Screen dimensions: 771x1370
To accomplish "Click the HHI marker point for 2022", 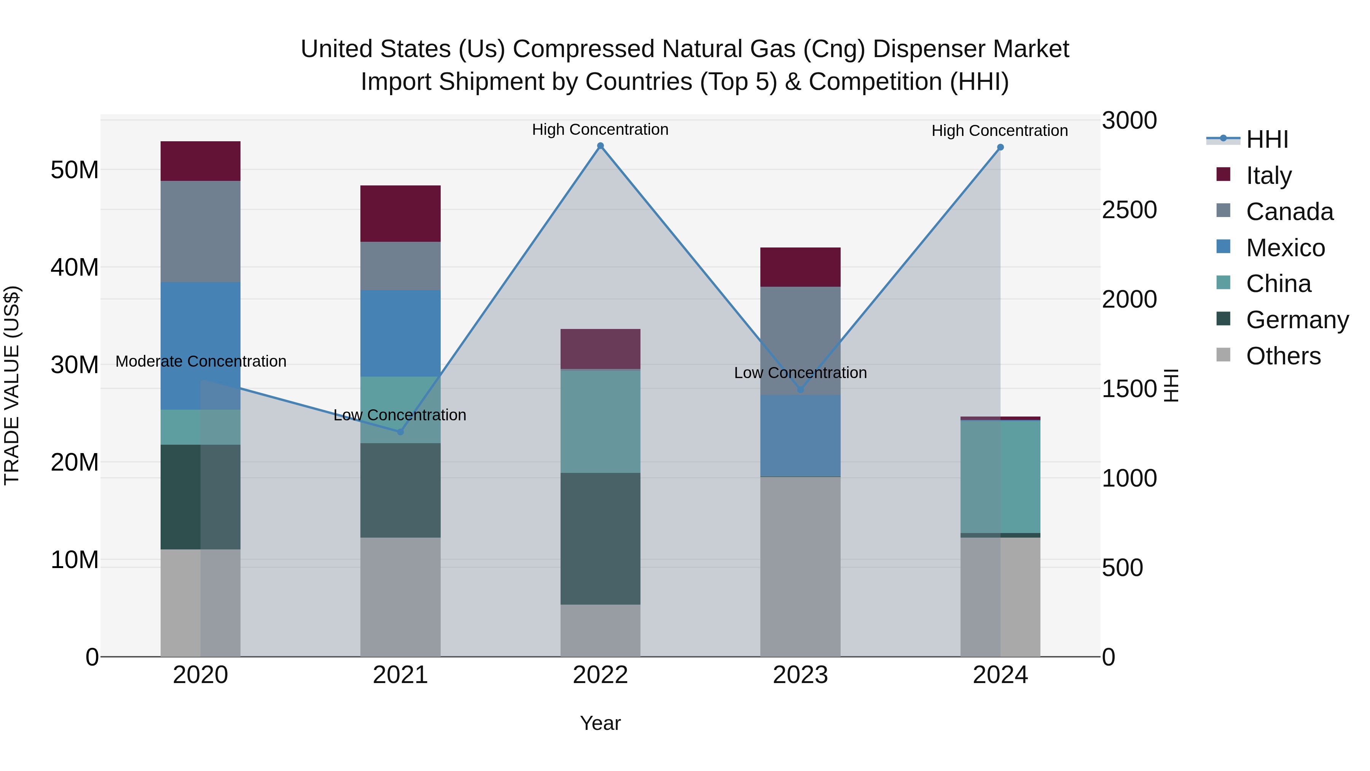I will pos(601,146).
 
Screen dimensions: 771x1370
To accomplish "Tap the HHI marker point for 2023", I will pos(800,389).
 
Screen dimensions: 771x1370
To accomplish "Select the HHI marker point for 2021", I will pos(400,431).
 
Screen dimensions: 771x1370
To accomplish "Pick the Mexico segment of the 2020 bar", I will pos(201,345).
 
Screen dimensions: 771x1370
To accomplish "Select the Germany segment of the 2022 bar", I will pos(601,538).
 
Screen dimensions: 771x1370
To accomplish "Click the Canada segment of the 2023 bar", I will pos(800,340).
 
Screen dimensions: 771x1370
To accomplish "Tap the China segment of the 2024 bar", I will pos(1000,476).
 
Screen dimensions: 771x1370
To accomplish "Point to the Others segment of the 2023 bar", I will pos(800,566).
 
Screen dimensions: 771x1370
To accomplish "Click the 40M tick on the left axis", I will pos(75,267).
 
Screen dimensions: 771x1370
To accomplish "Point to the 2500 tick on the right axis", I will pos(1129,210).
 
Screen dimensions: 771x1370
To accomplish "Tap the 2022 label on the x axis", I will pos(601,675).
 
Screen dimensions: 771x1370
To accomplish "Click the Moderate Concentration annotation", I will pos(201,361).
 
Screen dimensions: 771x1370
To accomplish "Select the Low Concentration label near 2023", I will pos(800,372).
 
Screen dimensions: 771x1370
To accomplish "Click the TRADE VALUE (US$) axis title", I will pos(12,385).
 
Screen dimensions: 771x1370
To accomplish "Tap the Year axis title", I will pos(601,723).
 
